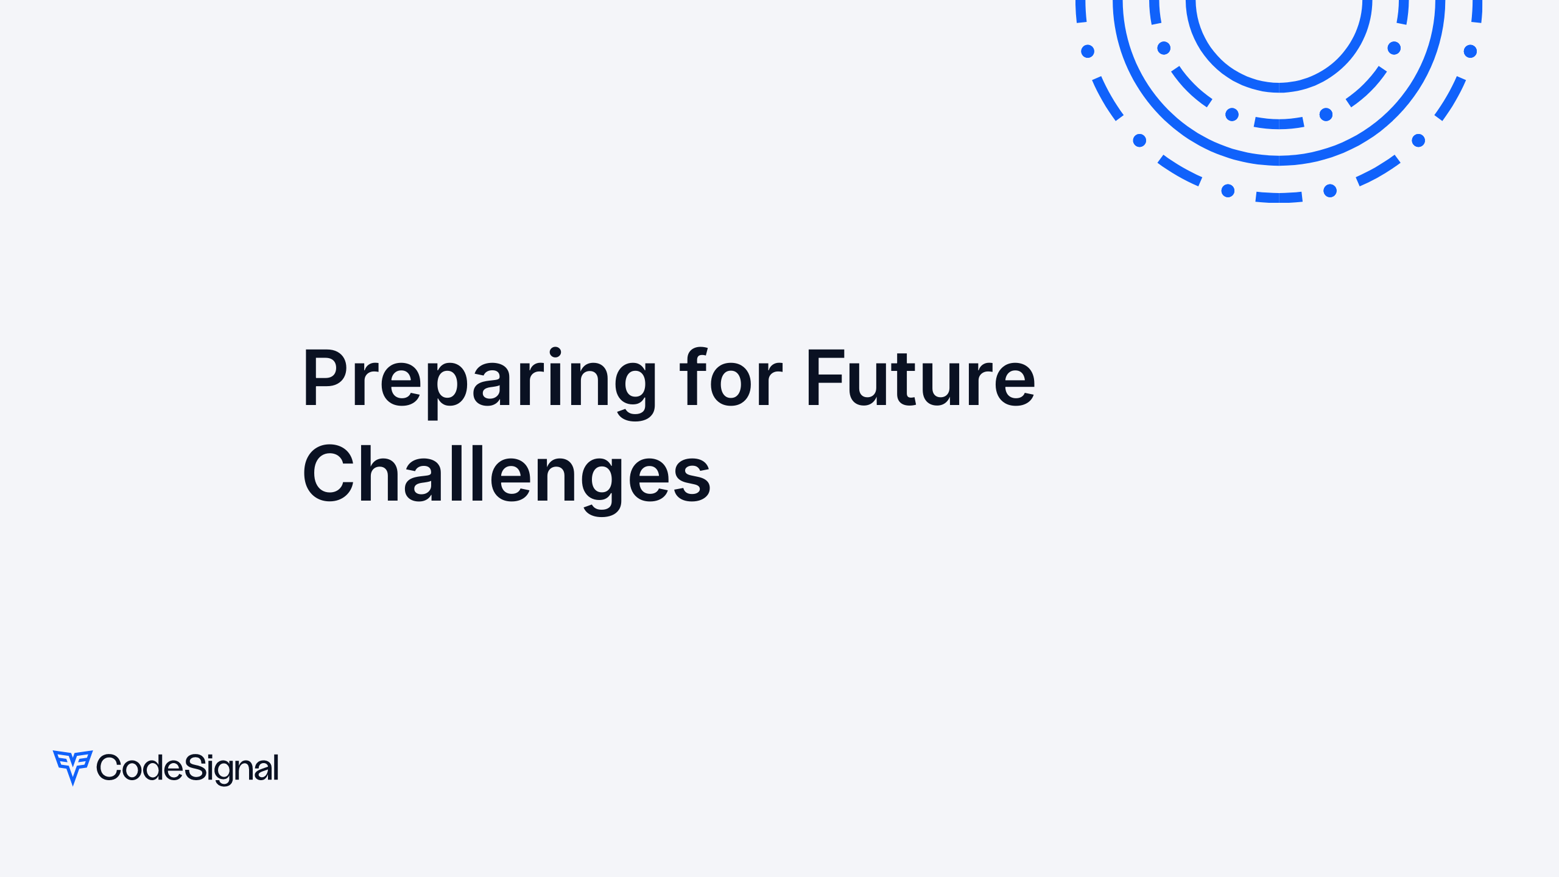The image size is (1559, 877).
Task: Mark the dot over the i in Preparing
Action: (x=555, y=352)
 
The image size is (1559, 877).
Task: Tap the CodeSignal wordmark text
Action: (x=188, y=768)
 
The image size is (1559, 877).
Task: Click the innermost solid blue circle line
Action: (x=1279, y=87)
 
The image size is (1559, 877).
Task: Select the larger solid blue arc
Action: (x=1279, y=160)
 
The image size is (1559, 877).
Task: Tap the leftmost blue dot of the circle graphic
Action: (x=1088, y=51)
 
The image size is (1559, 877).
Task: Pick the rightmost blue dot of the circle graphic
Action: (x=1470, y=51)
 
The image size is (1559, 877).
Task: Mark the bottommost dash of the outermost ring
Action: (x=1279, y=197)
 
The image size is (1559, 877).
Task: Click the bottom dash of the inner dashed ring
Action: (x=1279, y=124)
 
